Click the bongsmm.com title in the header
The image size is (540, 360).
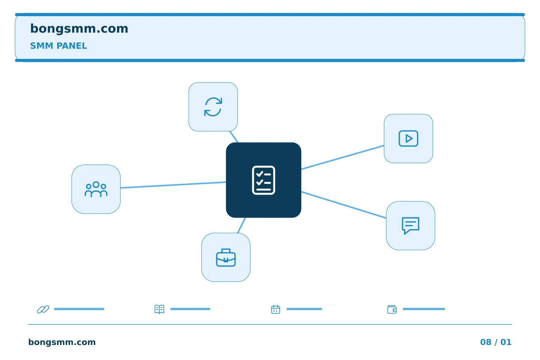[79, 29]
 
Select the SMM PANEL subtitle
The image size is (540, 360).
[58, 46]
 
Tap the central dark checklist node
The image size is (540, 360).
[264, 180]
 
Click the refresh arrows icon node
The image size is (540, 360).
[213, 107]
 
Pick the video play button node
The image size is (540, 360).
[408, 138]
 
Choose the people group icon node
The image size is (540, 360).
[96, 189]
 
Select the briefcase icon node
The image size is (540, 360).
[226, 257]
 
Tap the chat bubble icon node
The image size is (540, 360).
[411, 225]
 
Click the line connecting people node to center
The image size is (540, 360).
[173, 185]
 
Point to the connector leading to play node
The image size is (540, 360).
[343, 157]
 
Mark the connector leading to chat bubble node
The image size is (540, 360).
[343, 205]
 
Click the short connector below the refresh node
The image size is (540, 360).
[234, 137]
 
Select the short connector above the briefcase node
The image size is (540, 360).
[241, 225]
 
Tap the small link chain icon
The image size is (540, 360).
[43, 309]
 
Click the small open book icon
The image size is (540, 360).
[159, 309]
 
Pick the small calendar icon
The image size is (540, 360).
[276, 309]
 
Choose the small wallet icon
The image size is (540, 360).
[392, 309]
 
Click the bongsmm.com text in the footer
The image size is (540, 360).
[62, 342]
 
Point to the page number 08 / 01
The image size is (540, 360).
[496, 342]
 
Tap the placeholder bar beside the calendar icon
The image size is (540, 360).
[304, 309]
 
